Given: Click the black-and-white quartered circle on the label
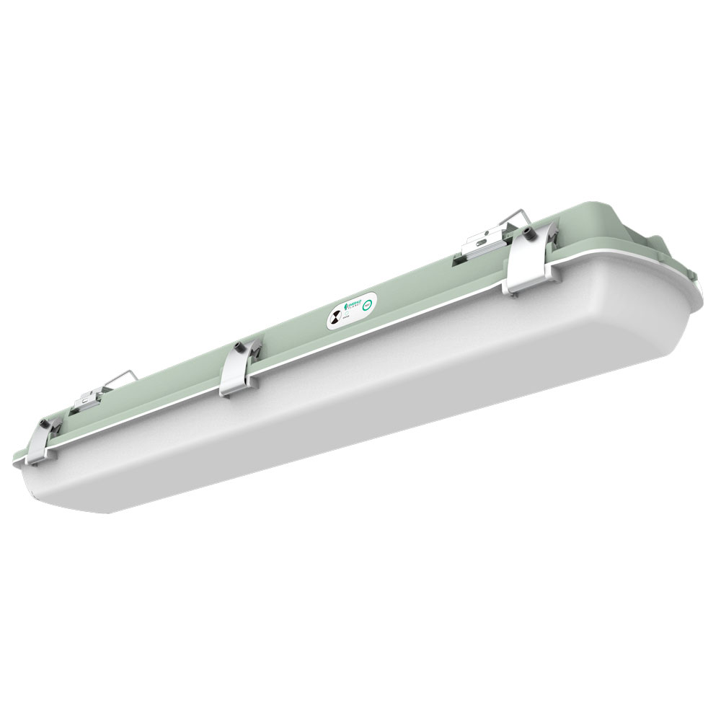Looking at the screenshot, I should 336,317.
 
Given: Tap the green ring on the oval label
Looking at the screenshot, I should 368,305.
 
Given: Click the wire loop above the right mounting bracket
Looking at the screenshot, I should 516,216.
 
